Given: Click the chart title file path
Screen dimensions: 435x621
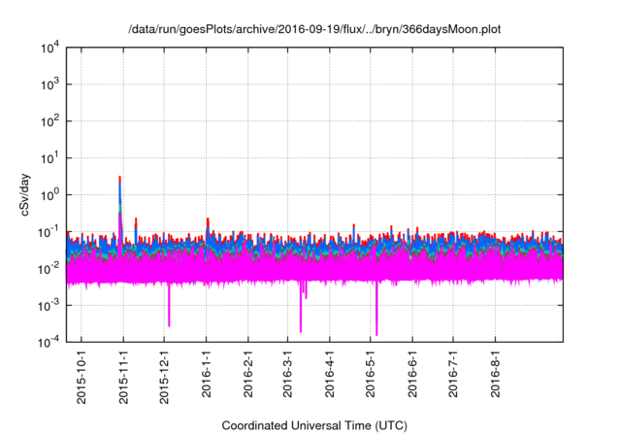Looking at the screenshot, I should pyautogui.click(x=314, y=30).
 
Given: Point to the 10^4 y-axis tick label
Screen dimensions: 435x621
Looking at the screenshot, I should pyautogui.click(x=51, y=47).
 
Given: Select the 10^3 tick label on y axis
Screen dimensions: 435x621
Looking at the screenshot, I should pyautogui.click(x=51, y=84).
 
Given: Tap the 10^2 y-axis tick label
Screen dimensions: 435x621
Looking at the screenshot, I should pyautogui.click(x=51, y=120).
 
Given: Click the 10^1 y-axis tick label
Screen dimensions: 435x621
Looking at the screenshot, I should pyautogui.click(x=51, y=157).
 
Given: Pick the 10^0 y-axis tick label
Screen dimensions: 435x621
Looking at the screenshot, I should pyautogui.click(x=51, y=194).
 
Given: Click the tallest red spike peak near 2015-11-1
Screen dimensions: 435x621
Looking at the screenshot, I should pyautogui.click(x=120, y=178).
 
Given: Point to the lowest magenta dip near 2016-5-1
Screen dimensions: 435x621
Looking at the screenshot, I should pyautogui.click(x=376, y=334).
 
